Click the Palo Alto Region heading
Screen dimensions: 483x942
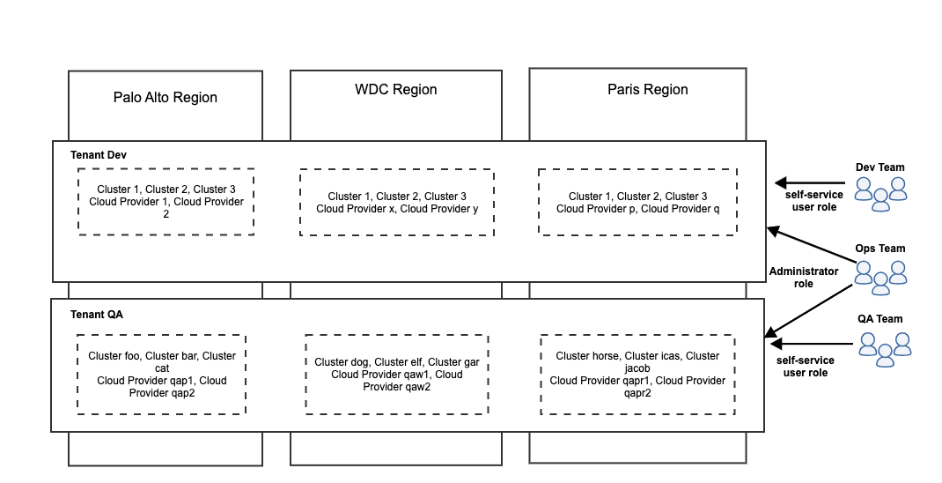point(166,97)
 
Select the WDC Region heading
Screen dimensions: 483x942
point(396,89)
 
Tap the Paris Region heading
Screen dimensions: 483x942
point(648,89)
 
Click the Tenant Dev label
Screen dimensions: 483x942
point(99,155)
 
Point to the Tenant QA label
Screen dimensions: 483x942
point(97,314)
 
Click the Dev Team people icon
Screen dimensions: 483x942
point(880,193)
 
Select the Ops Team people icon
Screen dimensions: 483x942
point(880,275)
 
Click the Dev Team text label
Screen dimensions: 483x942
point(880,167)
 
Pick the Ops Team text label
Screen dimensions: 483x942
point(880,249)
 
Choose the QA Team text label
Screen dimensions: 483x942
point(880,319)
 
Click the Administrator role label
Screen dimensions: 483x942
point(804,277)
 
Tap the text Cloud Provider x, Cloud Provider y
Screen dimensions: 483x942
point(397,209)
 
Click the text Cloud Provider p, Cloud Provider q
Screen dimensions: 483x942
point(638,209)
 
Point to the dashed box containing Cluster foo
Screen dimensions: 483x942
point(161,374)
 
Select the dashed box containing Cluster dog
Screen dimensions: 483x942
point(397,374)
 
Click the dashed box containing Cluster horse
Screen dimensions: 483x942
point(637,374)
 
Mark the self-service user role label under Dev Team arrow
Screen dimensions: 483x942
point(815,200)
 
